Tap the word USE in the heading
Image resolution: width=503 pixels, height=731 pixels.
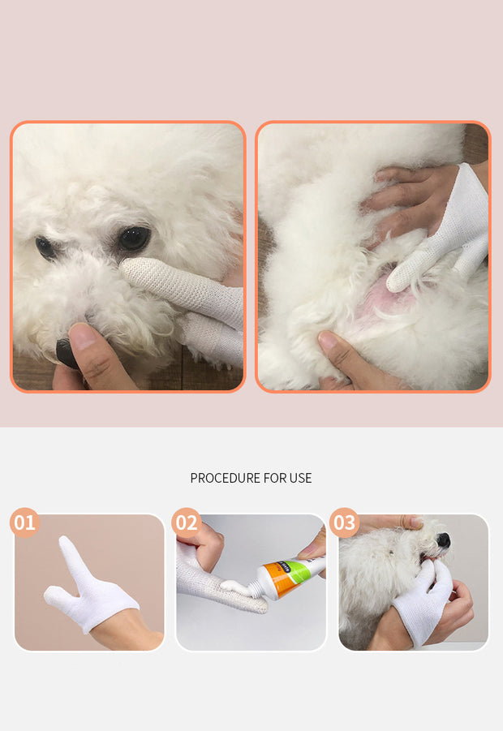point(300,479)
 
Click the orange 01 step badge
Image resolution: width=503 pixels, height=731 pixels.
point(24,522)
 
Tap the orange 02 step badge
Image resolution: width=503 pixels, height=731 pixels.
point(187,522)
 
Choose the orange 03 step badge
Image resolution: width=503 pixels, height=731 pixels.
point(344,522)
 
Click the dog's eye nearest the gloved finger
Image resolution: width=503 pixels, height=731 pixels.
point(134,239)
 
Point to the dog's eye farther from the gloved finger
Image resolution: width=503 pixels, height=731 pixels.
point(45,247)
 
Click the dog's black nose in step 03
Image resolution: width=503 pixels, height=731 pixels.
point(443,540)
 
